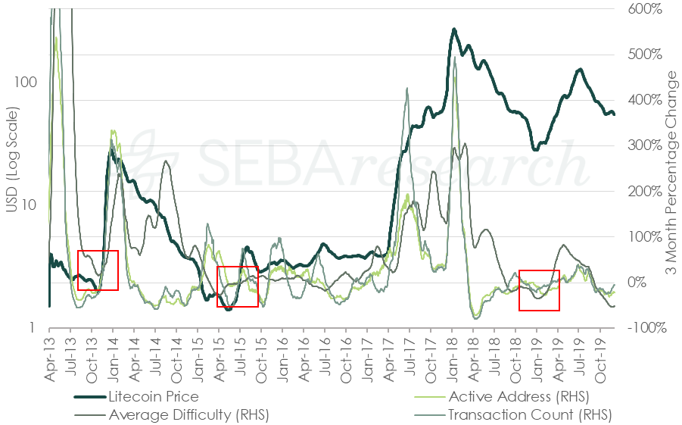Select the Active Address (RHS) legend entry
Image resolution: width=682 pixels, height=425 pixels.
pyautogui.click(x=518, y=396)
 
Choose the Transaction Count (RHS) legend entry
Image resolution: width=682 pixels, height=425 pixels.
pyautogui.click(x=529, y=414)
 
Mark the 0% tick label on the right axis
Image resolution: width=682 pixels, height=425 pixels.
pyautogui.click(x=640, y=283)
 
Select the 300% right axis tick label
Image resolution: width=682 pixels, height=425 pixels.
pyautogui.click(x=645, y=145)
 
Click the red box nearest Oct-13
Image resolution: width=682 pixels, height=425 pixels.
pyautogui.click(x=98, y=270)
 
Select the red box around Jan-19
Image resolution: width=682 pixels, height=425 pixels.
pyautogui.click(x=539, y=290)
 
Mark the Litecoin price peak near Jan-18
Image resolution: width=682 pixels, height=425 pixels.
pyautogui.click(x=454, y=30)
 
